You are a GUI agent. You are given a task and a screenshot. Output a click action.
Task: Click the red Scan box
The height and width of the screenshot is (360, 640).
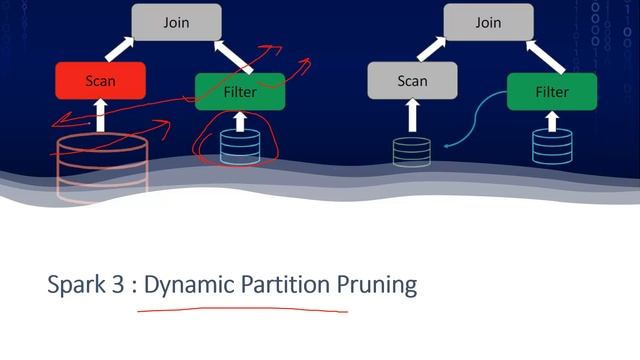[100, 80]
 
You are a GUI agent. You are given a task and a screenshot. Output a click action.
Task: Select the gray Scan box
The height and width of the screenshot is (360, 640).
[412, 80]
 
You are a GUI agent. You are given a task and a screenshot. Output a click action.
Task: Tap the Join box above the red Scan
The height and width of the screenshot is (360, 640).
[176, 22]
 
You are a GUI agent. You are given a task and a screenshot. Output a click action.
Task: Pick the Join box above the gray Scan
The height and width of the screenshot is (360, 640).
[488, 22]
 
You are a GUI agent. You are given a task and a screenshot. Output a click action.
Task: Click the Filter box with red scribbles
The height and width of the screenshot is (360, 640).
[240, 91]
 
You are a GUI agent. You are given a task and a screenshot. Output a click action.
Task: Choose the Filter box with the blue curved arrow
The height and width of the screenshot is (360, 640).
[552, 91]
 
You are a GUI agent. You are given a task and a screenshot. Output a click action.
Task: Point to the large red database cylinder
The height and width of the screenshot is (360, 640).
[102, 167]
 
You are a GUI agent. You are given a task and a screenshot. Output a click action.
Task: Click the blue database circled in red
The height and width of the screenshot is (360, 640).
[240, 147]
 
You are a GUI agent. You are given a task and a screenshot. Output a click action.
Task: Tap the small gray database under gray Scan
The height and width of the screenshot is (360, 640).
[411, 152]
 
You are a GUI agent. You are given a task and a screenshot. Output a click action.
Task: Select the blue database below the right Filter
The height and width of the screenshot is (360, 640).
[552, 147]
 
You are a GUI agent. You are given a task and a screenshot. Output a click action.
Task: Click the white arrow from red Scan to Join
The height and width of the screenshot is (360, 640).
[120, 49]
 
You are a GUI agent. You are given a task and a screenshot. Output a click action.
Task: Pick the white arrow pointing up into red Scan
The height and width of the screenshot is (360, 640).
[100, 115]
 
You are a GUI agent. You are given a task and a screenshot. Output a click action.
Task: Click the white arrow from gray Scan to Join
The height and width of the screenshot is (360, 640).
[432, 49]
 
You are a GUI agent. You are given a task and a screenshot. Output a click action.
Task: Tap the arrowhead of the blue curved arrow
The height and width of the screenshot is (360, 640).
[447, 146]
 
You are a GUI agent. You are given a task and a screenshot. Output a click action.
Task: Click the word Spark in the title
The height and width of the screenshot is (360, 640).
[76, 284]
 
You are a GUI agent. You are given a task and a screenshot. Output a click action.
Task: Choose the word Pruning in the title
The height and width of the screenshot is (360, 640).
[377, 285]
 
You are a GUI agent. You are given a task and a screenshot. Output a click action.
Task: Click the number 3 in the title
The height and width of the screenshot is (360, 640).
[118, 284]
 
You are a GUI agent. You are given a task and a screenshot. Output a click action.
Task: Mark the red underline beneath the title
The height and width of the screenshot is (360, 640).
[243, 309]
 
